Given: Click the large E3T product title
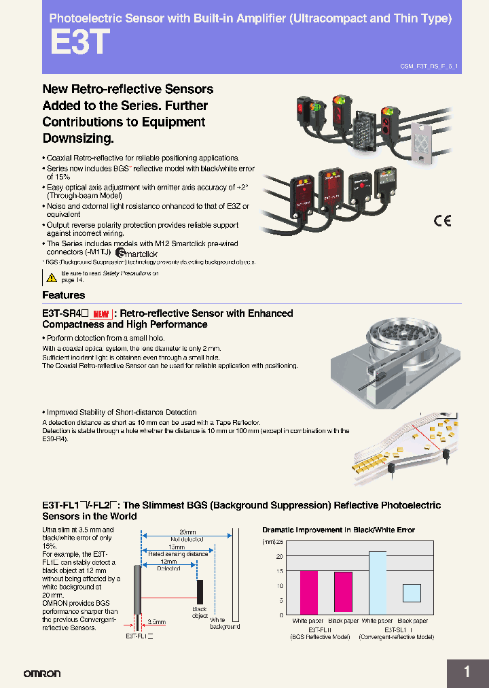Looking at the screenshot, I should [79, 42].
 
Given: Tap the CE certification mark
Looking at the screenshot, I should [442, 220].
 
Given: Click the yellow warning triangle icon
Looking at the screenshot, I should [52, 277].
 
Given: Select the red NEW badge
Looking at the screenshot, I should [101, 314].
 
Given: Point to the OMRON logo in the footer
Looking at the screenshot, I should [42, 674].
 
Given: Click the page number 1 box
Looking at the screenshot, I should [467, 672].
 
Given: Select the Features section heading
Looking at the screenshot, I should [64, 295].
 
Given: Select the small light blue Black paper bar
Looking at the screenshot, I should [412, 593].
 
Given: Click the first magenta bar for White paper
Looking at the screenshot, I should [308, 592].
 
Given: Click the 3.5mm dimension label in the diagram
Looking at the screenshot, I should [156, 621].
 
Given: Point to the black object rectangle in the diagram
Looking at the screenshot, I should [200, 590].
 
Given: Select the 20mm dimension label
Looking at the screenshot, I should [187, 532].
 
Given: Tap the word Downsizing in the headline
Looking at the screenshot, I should [76, 138].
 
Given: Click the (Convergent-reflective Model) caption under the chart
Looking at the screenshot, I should [396, 637].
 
